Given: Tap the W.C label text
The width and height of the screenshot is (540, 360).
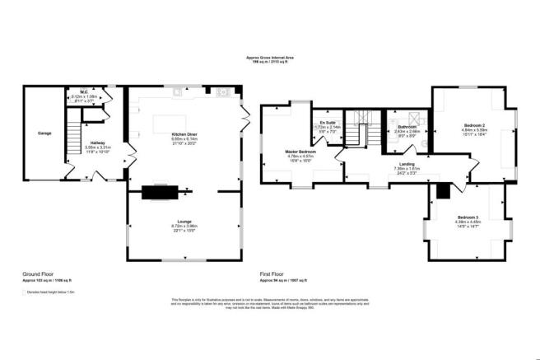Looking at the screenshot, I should (x=84, y=91).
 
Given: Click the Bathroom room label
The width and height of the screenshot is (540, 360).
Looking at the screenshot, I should (x=407, y=126).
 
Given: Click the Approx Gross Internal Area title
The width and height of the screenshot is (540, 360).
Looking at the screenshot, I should (x=270, y=57).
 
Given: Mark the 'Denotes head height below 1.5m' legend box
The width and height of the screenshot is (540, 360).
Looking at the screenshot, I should (x=25, y=291).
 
